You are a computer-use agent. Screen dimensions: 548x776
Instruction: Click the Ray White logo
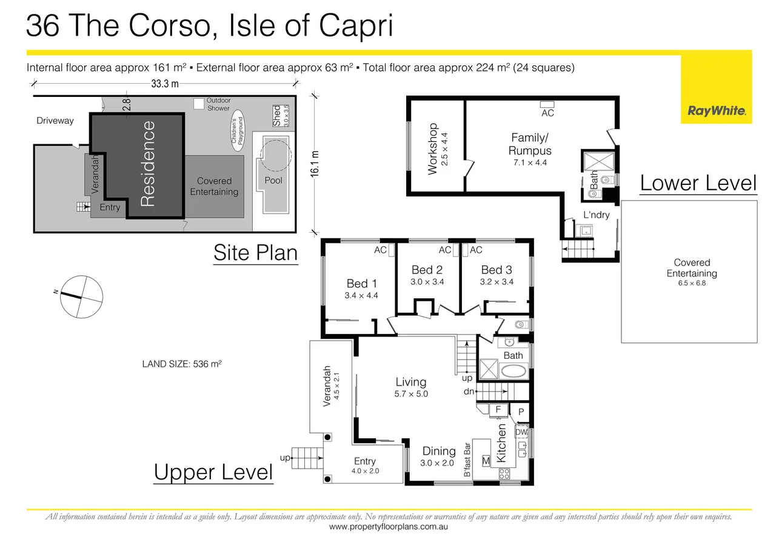point(716,111)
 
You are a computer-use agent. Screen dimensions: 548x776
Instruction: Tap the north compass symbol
point(79,296)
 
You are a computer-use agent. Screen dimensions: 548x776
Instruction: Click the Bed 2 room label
point(427,270)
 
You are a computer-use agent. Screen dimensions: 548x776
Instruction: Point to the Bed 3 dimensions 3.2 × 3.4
point(497,281)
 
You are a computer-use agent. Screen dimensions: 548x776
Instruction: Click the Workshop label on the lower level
point(433,149)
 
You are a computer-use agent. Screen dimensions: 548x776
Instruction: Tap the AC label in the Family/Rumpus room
point(547,113)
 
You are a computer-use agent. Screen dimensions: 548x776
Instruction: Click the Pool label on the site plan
point(273,180)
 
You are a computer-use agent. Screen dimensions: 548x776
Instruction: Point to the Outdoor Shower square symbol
point(198,104)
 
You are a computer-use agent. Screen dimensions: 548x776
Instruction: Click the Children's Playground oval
point(237,130)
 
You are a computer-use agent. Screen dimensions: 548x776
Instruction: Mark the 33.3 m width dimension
point(164,84)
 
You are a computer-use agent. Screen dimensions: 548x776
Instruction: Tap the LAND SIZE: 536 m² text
point(182,364)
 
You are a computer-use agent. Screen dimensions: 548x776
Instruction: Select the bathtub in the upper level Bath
point(514,370)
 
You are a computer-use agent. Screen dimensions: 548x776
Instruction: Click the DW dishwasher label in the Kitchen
point(521,433)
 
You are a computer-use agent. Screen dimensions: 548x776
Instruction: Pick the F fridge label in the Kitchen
point(498,410)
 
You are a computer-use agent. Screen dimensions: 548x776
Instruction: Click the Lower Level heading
point(698,182)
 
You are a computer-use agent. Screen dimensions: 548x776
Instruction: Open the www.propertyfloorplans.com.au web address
point(389,527)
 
